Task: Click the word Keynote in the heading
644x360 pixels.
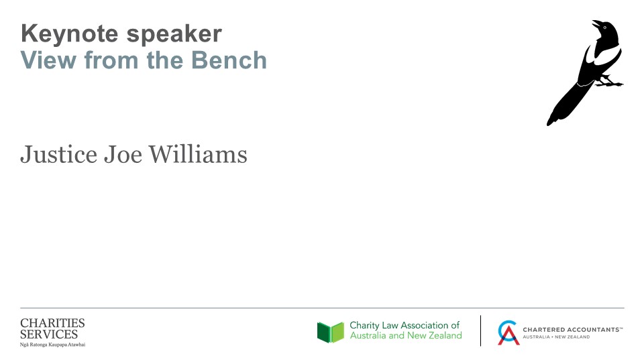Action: click(69, 34)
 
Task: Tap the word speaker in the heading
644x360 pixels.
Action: click(174, 34)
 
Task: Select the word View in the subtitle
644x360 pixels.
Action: click(48, 60)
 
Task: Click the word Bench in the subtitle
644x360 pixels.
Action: click(229, 60)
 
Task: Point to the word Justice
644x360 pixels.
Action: click(59, 155)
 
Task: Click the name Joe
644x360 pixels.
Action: click(123, 155)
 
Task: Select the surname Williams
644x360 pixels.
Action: click(198, 154)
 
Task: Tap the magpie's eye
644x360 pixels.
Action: click(604, 27)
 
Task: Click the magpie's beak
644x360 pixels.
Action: click(596, 23)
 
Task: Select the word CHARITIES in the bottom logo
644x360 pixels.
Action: click(52, 323)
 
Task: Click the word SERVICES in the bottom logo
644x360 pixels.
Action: click(49, 334)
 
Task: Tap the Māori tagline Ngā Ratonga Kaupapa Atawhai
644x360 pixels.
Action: click(52, 345)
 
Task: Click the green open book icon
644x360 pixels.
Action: click(331, 332)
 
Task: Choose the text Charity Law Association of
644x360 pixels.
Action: click(405, 326)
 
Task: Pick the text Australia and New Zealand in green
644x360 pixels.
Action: click(406, 336)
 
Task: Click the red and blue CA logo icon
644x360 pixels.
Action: click(508, 333)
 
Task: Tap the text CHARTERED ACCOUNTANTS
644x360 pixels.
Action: click(572, 330)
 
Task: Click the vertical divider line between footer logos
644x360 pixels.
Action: click(480, 331)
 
